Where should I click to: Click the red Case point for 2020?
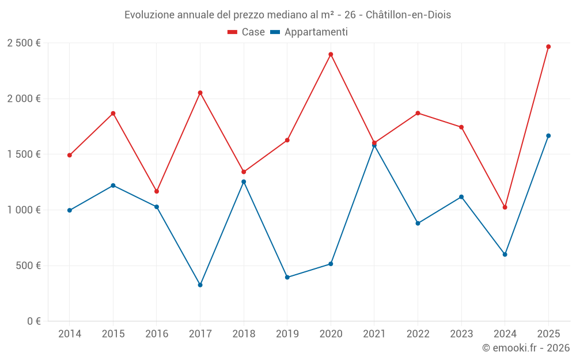point(331,54)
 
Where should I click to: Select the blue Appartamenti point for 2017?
point(200,285)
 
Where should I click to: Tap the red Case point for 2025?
point(548,47)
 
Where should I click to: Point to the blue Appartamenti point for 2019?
point(287,277)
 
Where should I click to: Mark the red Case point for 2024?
point(505,207)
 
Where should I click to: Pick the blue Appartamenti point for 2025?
point(548,136)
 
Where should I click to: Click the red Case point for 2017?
point(200,93)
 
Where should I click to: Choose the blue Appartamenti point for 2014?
point(69,210)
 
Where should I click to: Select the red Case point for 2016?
point(157,191)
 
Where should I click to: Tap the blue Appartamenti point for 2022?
point(418,223)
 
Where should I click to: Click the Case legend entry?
point(247,32)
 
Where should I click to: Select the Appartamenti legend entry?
point(309,32)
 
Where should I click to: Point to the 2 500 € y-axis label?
point(24,43)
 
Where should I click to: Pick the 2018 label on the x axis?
point(244,334)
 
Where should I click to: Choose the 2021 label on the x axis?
point(374,334)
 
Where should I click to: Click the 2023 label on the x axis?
point(461,334)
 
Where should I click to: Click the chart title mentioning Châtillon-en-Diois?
point(287,14)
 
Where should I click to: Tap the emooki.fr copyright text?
point(525,348)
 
